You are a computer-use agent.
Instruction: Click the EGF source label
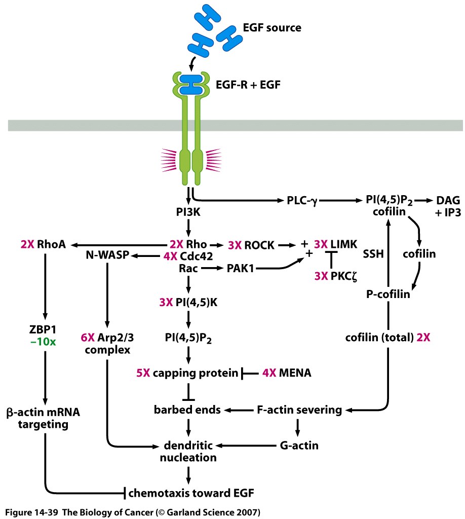click(272, 28)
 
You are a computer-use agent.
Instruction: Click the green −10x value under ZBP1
click(46, 342)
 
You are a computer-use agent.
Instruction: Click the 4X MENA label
click(287, 374)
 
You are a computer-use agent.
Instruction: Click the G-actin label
click(299, 446)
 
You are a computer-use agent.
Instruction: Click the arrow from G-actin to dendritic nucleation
click(248, 447)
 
